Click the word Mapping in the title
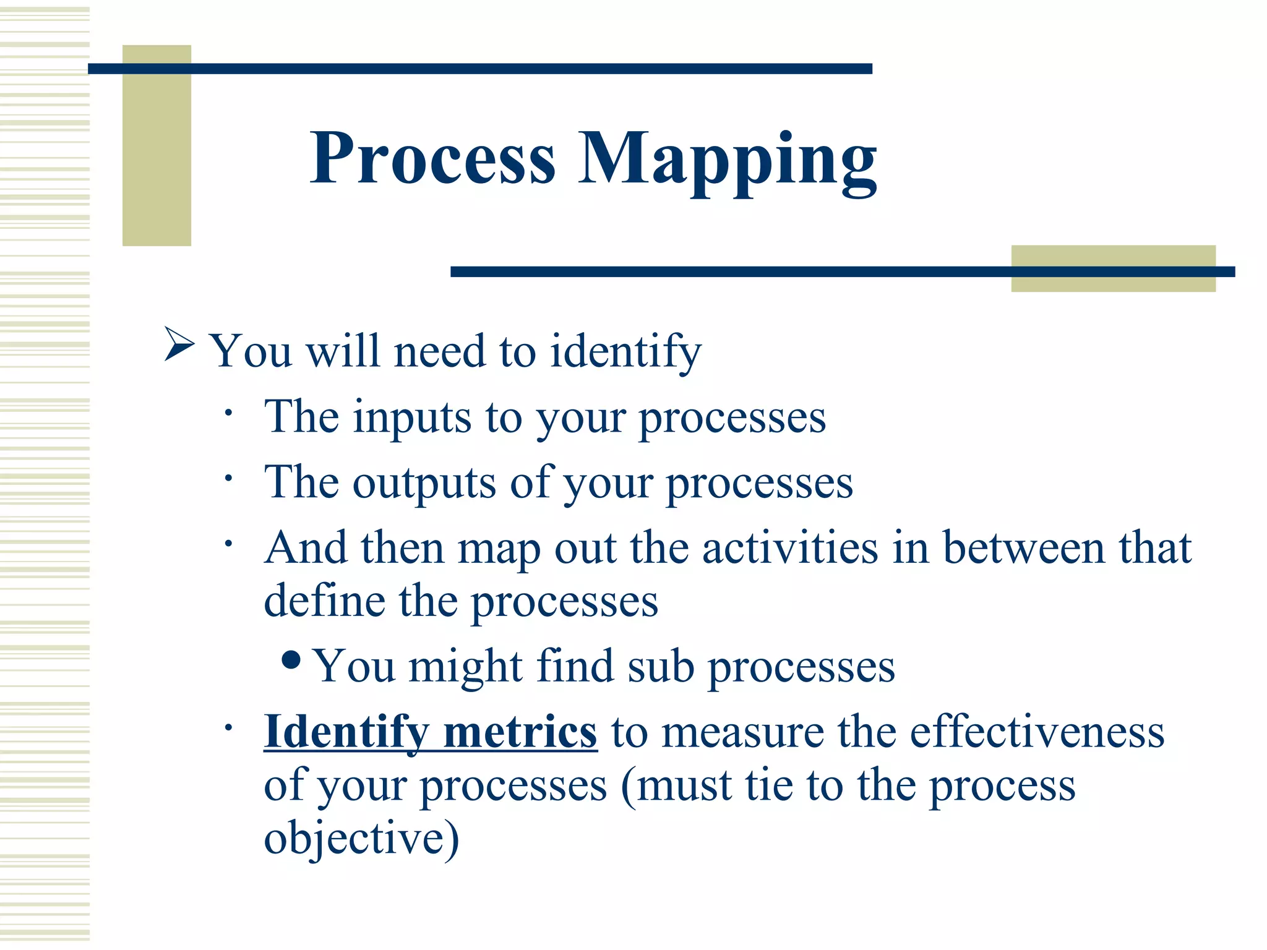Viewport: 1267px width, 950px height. [x=727, y=160]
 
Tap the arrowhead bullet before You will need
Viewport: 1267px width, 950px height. [x=179, y=345]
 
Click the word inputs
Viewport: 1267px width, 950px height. [x=412, y=419]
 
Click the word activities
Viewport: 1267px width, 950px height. [x=790, y=548]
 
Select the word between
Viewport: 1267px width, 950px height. [x=1023, y=548]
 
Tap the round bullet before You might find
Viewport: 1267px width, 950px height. [x=291, y=661]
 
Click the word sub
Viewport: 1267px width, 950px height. [x=661, y=667]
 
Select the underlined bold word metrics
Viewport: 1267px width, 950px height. [x=520, y=732]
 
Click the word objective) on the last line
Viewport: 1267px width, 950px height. [x=361, y=839]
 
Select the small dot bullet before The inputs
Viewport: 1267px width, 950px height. [x=228, y=413]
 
